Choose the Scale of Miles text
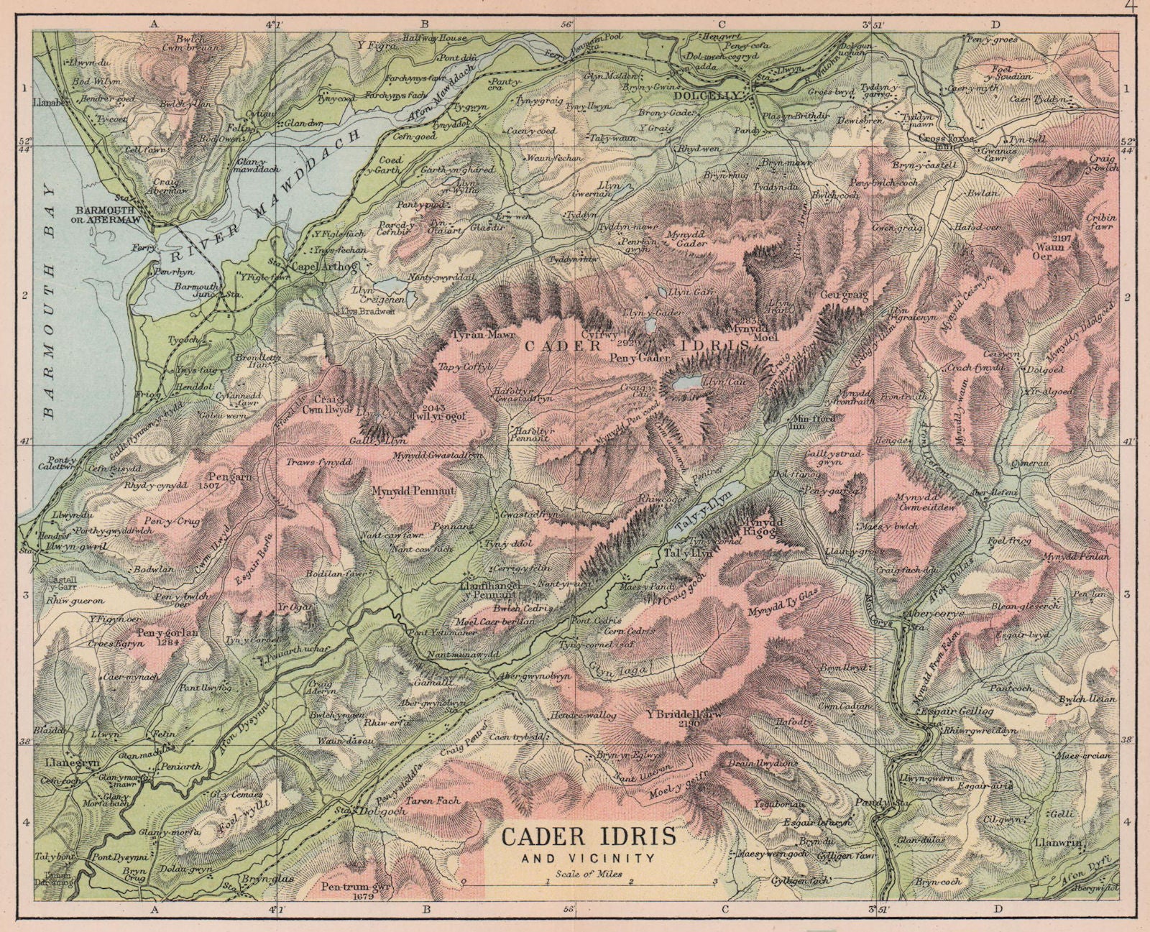click(x=587, y=875)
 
